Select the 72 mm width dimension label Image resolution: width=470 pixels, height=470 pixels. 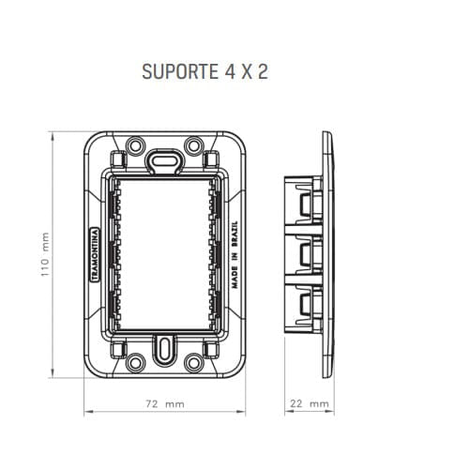tap(165, 404)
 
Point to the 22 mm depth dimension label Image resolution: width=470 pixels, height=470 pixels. tap(309, 404)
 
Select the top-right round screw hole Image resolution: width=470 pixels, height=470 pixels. tap(193, 145)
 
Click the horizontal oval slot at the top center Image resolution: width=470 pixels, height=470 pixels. tap(165, 158)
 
